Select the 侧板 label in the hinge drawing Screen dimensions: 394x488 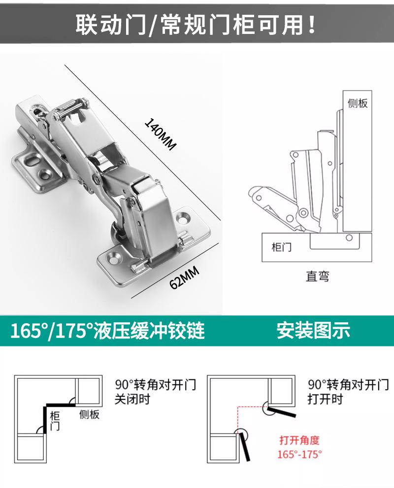point(358,103)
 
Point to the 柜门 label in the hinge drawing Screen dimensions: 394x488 point(281,246)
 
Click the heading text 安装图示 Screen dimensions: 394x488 point(313,330)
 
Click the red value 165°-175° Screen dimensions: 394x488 point(299,454)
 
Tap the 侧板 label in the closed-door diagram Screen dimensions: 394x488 point(89,414)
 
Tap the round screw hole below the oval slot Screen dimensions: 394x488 point(46,173)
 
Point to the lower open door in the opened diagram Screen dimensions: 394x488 point(245,445)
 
